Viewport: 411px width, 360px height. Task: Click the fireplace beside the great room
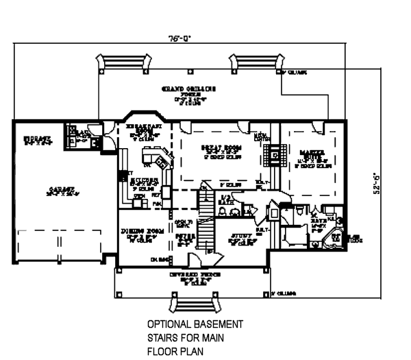271,154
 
